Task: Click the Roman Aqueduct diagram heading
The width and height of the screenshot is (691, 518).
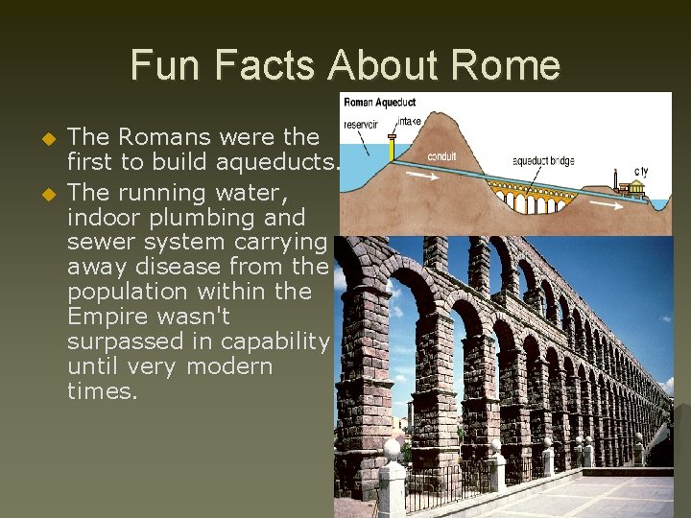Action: click(x=379, y=102)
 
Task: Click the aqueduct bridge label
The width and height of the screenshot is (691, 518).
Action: click(x=543, y=161)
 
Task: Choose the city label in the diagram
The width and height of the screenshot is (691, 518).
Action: click(x=640, y=173)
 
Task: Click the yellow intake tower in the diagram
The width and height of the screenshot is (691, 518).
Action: click(x=391, y=149)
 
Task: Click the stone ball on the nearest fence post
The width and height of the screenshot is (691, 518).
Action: click(x=392, y=449)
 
